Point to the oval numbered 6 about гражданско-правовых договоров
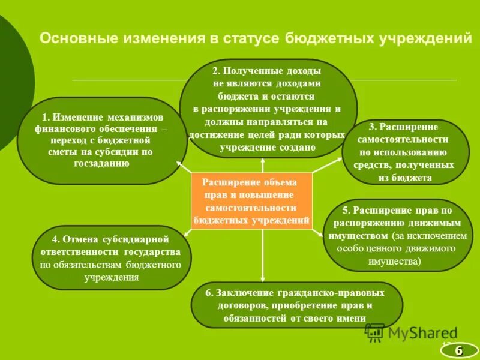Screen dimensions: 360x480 (296, 305)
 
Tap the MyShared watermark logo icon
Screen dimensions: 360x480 (376, 332)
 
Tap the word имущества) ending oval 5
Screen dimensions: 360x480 (398, 262)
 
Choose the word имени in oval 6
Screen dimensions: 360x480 (353, 319)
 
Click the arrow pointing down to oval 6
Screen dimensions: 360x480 (263, 277)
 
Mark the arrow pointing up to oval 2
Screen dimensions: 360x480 (263, 161)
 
